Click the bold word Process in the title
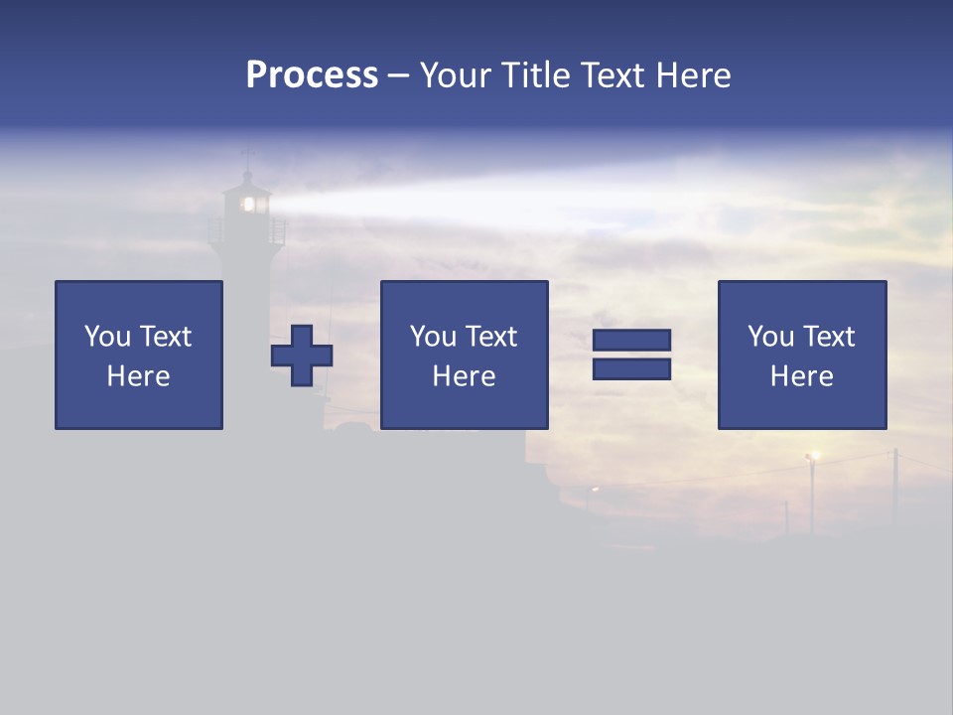click(312, 75)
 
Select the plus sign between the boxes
click(302, 356)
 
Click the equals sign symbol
click(631, 355)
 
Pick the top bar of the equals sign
click(631, 341)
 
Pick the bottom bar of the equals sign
click(631, 368)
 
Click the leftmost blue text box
click(139, 355)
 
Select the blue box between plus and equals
click(465, 355)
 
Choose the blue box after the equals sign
click(802, 355)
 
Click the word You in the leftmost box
click(107, 337)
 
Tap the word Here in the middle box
click(465, 376)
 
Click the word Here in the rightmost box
click(802, 376)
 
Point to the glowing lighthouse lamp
click(249, 204)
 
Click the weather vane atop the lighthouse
click(248, 154)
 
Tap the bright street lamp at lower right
click(813, 456)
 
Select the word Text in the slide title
click(611, 75)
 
